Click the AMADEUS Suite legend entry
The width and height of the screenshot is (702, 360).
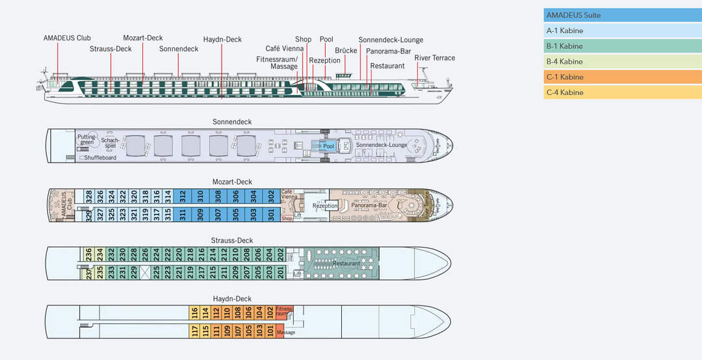[x=622, y=15]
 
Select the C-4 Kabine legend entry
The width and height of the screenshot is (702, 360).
[x=622, y=92]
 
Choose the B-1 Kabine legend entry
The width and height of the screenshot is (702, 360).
[x=622, y=46]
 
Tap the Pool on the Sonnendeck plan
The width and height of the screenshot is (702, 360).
[x=328, y=146]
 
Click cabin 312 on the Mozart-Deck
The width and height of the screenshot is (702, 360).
[x=183, y=195]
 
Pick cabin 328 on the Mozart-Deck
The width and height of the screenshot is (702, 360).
[x=89, y=195]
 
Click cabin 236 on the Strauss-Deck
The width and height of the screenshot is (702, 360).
[x=89, y=253]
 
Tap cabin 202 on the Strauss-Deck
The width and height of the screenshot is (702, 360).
[x=281, y=253]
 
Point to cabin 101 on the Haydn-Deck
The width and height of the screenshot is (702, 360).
[x=269, y=331]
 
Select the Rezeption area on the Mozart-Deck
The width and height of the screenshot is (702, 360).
[x=325, y=205]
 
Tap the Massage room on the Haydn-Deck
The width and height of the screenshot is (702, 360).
[x=285, y=333]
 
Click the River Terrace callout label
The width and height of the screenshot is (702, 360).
[x=434, y=58]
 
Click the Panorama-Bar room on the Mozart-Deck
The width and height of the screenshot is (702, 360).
[x=369, y=205]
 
